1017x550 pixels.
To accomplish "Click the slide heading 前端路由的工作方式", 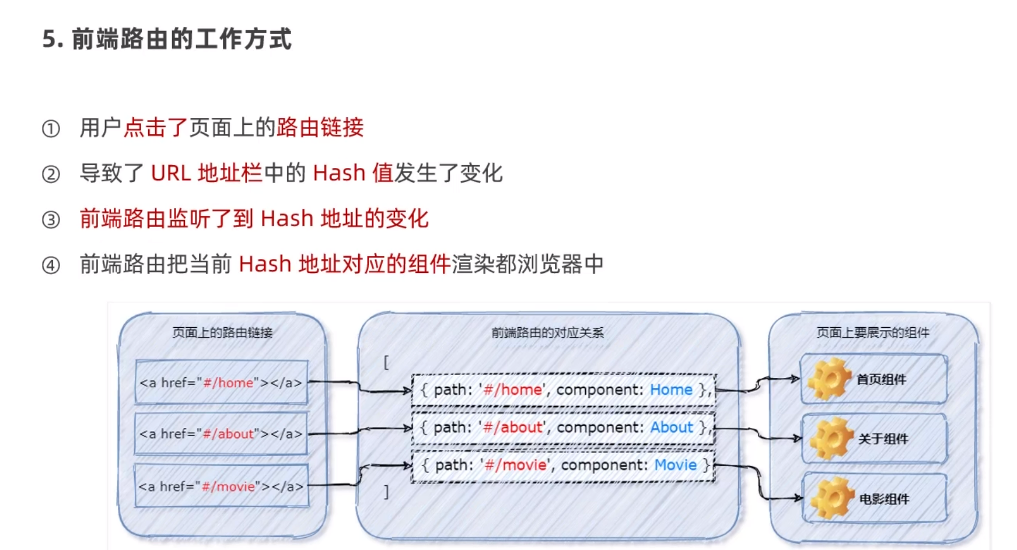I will (181, 40).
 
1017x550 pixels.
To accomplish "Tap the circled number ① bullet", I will (51, 128).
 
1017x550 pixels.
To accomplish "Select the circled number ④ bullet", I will (51, 265).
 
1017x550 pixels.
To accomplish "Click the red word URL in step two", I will (170, 173).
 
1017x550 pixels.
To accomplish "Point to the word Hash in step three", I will (286, 219).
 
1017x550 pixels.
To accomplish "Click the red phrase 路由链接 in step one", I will (320, 128).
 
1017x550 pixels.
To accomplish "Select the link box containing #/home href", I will (221, 383).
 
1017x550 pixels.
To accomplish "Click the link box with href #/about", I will (221, 434).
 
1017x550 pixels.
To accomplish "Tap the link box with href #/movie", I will (221, 486).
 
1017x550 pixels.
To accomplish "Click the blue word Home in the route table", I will (671, 390).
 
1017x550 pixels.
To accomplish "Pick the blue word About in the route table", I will (672, 428).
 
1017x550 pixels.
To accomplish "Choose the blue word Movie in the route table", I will (675, 465).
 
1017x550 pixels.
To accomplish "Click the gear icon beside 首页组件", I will (829, 379).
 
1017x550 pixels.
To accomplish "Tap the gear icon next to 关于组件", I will (831, 439).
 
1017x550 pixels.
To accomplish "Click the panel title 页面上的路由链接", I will (222, 332).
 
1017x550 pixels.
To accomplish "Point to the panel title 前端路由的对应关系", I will (547, 332).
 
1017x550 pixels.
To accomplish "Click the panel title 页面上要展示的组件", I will (873, 332).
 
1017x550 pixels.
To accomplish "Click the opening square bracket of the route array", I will (386, 362).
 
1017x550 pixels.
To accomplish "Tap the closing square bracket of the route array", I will (386, 492).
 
